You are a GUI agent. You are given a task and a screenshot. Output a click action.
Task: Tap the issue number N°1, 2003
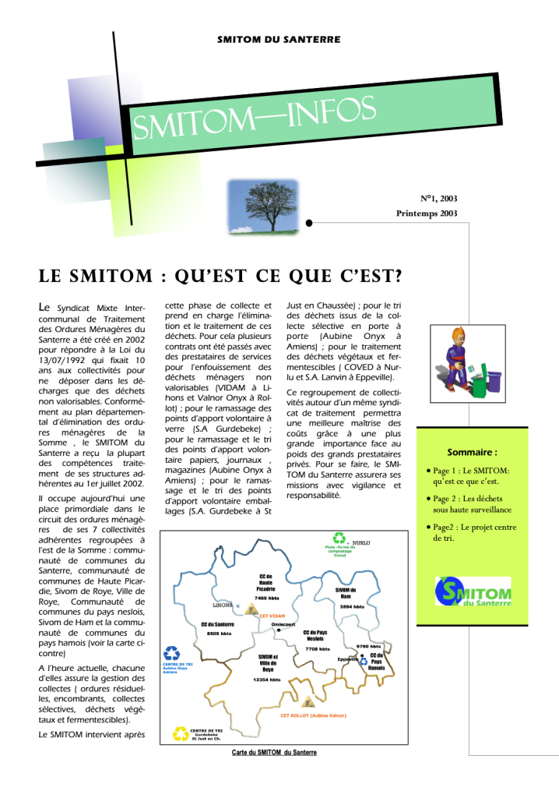(x=438, y=199)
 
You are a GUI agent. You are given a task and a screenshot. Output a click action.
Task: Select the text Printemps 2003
(x=427, y=213)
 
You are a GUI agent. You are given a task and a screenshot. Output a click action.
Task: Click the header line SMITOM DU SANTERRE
(x=279, y=40)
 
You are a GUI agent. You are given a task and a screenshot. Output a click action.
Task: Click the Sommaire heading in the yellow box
(x=472, y=452)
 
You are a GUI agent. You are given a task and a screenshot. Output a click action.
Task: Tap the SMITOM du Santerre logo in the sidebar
(x=473, y=591)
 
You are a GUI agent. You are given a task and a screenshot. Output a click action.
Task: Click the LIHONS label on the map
(x=223, y=604)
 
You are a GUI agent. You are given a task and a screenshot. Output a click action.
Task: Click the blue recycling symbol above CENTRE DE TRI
(x=172, y=653)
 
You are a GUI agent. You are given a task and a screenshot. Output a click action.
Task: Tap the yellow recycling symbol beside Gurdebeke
(x=180, y=733)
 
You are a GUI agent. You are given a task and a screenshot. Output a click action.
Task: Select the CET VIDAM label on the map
(x=272, y=616)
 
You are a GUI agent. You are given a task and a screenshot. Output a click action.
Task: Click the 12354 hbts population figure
(x=266, y=680)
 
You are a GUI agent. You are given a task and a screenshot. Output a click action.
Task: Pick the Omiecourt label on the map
(x=283, y=625)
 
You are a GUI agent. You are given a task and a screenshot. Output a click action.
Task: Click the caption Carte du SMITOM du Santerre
(x=274, y=752)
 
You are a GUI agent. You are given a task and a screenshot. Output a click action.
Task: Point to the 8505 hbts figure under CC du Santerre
(x=218, y=634)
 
